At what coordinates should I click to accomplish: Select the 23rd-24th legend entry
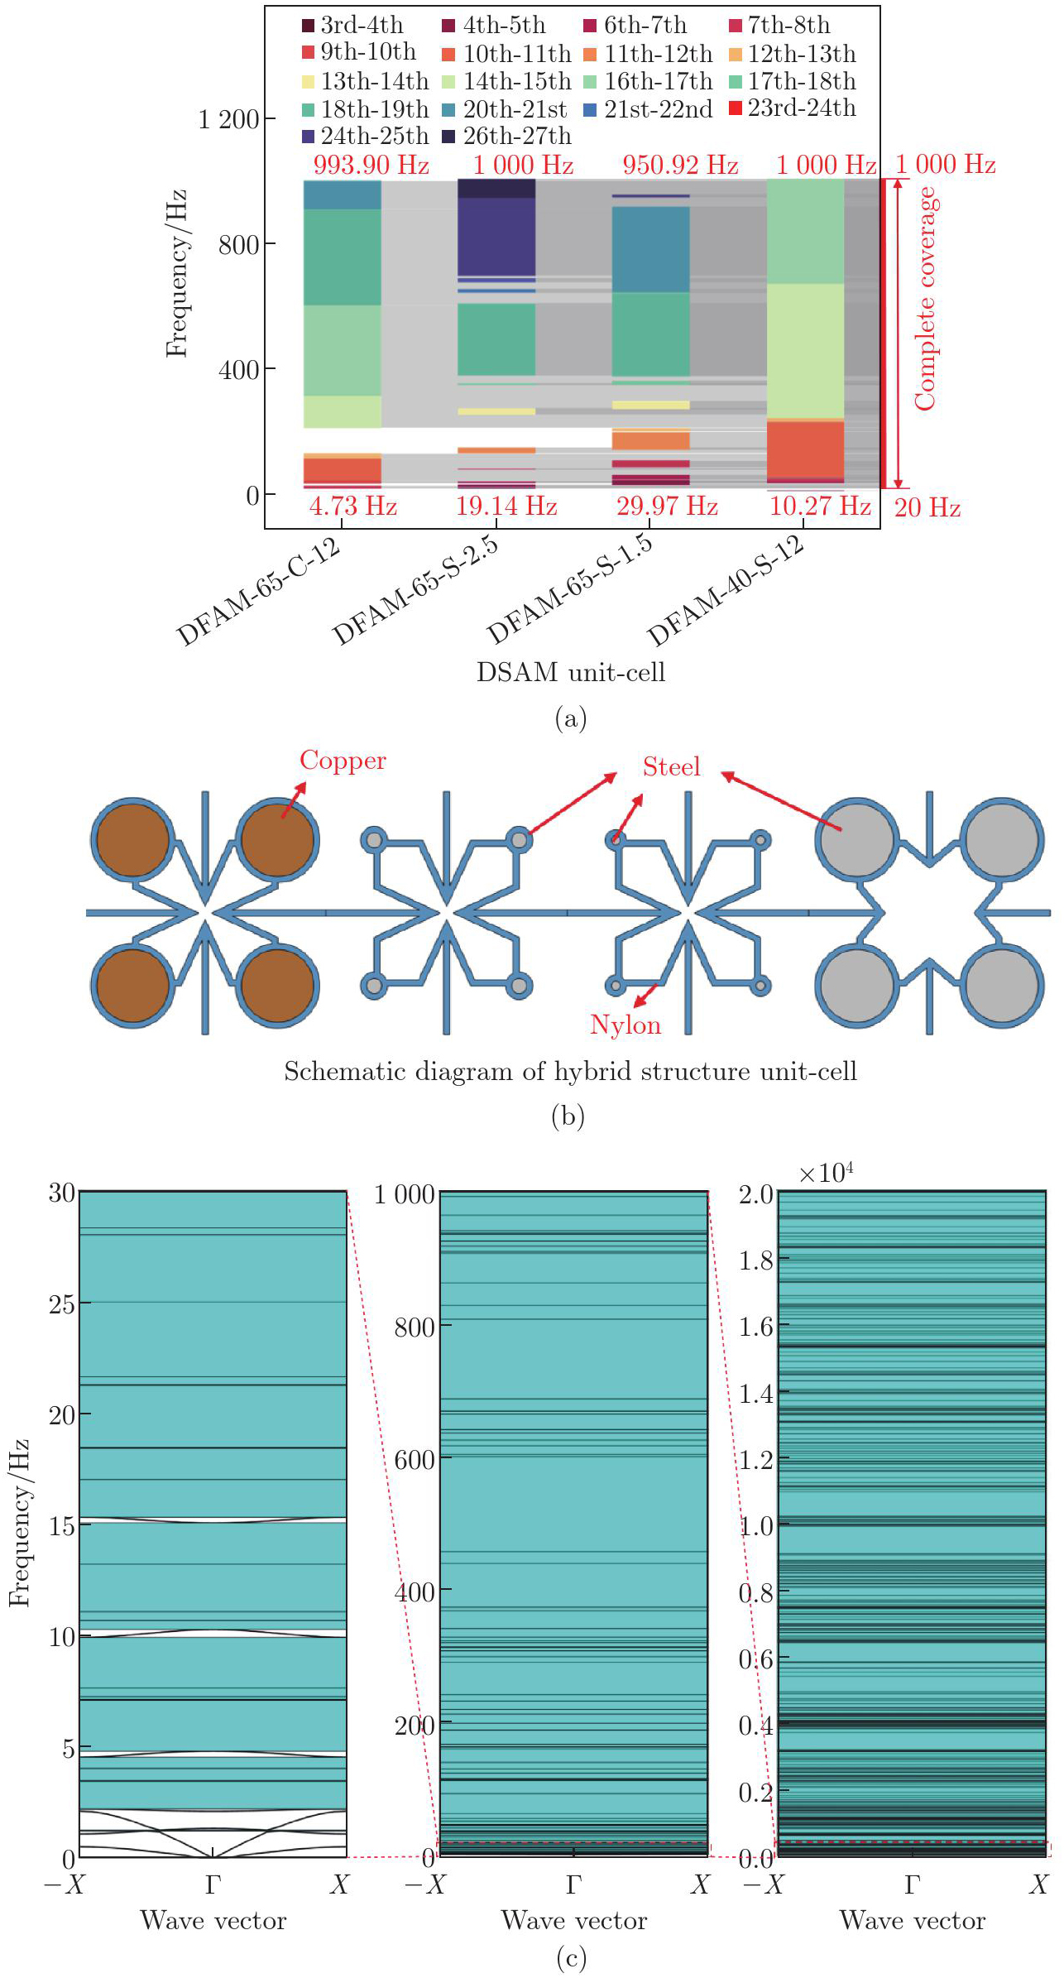(x=793, y=108)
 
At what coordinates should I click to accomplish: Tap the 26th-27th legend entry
(x=508, y=136)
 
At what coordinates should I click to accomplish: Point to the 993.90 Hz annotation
(x=371, y=165)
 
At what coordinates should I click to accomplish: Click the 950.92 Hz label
(x=680, y=165)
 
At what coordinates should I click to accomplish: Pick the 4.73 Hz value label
(x=353, y=506)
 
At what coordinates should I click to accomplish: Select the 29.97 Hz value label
(x=667, y=506)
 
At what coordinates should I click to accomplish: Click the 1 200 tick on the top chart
(x=229, y=120)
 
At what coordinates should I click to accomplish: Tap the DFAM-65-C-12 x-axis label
(x=258, y=590)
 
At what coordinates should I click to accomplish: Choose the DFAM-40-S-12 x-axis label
(x=725, y=590)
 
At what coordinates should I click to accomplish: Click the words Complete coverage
(x=925, y=298)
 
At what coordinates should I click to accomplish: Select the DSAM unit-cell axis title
(x=571, y=672)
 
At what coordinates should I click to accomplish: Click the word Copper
(x=343, y=761)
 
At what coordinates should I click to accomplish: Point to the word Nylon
(x=625, y=1025)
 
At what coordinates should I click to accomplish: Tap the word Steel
(x=671, y=767)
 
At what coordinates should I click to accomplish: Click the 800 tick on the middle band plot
(x=414, y=1327)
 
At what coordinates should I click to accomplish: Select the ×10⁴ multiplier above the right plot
(x=826, y=1174)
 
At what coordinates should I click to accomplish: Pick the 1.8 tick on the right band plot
(x=755, y=1260)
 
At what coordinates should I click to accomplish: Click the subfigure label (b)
(x=568, y=1116)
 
